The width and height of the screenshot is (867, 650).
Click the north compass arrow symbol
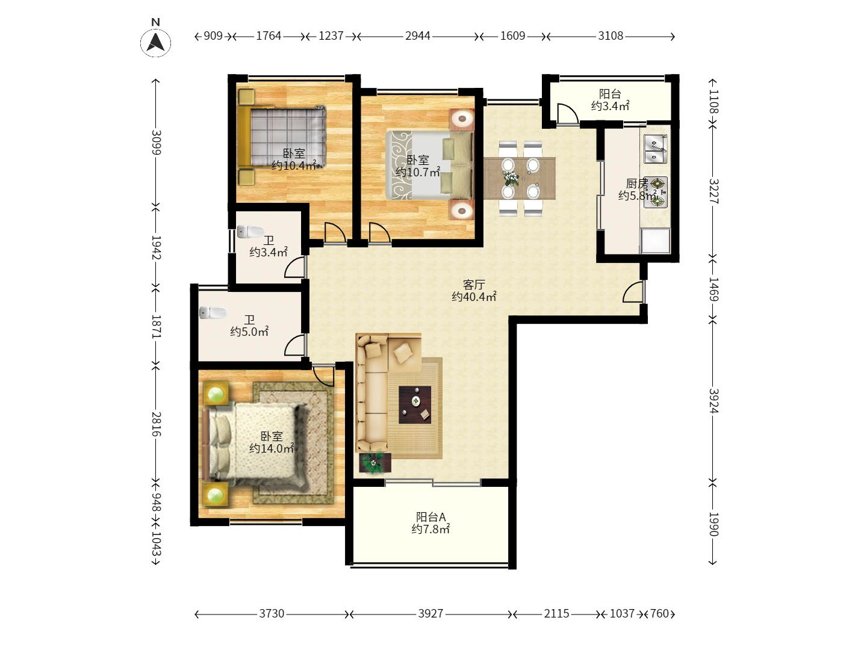click(x=155, y=42)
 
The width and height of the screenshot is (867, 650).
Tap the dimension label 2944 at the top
click(x=417, y=36)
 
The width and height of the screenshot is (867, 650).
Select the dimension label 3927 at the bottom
click(x=430, y=614)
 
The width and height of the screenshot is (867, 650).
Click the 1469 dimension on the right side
click(x=713, y=289)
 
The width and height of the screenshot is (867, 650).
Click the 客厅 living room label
click(x=474, y=284)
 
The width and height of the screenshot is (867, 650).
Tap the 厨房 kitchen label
click(x=637, y=184)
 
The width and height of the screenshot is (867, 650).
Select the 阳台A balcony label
click(x=430, y=516)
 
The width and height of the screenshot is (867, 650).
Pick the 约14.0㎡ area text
click(x=272, y=448)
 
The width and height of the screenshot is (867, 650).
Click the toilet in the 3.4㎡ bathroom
click(x=250, y=232)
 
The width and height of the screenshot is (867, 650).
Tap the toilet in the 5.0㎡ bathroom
click(x=213, y=312)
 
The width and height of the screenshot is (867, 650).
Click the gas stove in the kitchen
click(x=656, y=192)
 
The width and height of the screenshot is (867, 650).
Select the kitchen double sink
click(x=656, y=149)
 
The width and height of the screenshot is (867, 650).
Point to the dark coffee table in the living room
click(x=415, y=404)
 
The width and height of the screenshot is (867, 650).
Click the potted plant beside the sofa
click(x=374, y=463)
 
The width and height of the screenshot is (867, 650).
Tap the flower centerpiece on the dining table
click(x=511, y=178)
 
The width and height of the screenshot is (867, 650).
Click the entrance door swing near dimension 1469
click(x=633, y=292)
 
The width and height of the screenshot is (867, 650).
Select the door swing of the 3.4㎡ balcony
click(x=568, y=114)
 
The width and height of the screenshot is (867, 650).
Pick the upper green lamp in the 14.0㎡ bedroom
click(x=216, y=394)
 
